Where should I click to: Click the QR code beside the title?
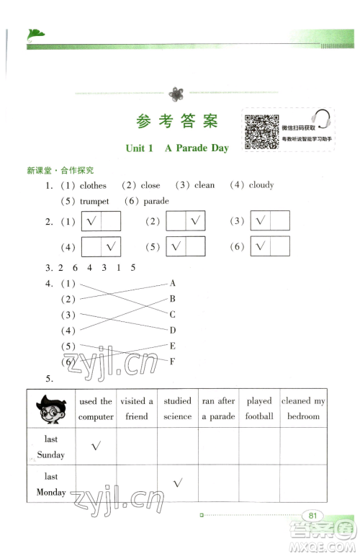(261, 132)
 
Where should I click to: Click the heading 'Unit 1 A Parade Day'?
(176, 148)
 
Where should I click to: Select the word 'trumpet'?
(94, 202)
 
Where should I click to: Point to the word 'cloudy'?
(261, 185)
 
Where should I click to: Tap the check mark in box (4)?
(111, 247)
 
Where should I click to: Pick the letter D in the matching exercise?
(173, 331)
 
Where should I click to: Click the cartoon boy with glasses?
(50, 409)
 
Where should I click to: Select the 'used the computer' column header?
(96, 409)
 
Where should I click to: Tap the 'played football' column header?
(259, 409)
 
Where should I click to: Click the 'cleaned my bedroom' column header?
(303, 409)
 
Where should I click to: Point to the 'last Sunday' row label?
(50, 447)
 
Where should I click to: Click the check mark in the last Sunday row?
(95, 447)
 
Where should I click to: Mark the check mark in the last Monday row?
(177, 484)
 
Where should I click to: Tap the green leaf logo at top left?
(35, 33)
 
